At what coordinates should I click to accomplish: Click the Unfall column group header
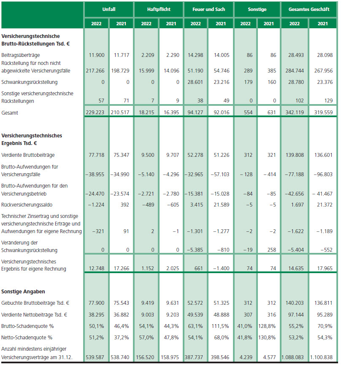[x=108, y=9]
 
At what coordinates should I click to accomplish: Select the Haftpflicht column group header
[x=158, y=9]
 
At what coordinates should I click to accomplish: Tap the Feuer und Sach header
[x=208, y=9]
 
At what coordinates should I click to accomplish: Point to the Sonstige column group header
[x=257, y=9]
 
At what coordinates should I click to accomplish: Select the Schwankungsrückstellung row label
[x=30, y=82]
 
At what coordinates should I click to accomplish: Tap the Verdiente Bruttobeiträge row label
[x=28, y=155]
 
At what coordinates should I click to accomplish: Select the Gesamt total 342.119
[x=295, y=113]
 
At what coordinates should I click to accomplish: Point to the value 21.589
[x=220, y=205]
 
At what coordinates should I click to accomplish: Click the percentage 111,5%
[x=221, y=326]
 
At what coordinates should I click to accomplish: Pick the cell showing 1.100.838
[x=323, y=357]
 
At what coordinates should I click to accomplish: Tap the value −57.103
[x=220, y=174]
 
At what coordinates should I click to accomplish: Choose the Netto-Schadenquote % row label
[x=27, y=337]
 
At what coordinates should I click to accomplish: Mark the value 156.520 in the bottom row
[x=146, y=357]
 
